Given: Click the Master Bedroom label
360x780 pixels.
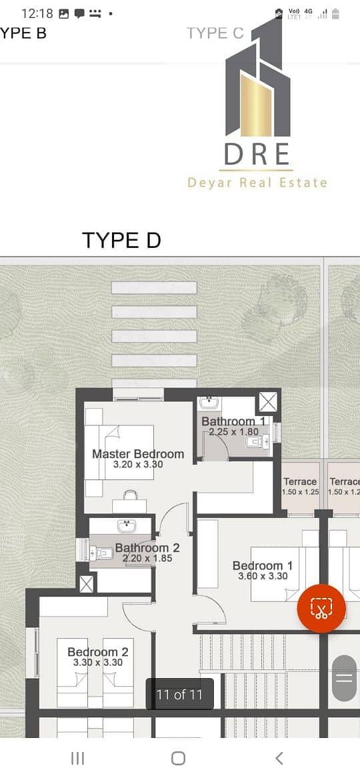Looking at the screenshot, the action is coord(138,454).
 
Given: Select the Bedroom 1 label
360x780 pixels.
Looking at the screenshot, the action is coord(263,565).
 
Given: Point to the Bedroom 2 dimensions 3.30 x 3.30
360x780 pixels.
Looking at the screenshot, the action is coord(97,663).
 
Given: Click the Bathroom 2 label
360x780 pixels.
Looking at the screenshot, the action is coord(147,548).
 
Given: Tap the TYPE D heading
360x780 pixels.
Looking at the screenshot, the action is coord(121,240).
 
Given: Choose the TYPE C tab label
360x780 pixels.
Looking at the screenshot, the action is coord(215,33).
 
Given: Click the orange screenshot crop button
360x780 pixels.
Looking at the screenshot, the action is coord(321,609).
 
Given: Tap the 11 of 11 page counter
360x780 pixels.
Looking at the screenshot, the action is coord(179,695).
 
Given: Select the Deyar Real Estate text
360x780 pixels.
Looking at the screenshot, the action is coord(257,183).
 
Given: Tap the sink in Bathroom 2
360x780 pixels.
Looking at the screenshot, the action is coord(125,525).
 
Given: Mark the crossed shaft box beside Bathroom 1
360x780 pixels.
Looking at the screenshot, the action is coord(268,402).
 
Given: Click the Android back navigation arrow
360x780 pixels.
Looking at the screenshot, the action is coord(279,758).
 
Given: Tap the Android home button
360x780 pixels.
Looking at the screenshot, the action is coord(178,758).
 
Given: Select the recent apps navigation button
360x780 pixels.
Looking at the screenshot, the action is coord(77,758).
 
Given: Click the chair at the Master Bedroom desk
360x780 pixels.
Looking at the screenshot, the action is coord(129,495).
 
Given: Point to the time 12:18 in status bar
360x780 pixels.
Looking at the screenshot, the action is coord(37,13).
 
